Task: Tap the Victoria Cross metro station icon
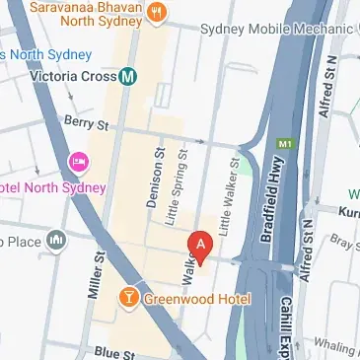click(x=128, y=75)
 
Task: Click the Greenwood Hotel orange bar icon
click(x=128, y=297)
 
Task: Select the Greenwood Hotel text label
click(x=195, y=298)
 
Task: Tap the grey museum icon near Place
click(x=56, y=240)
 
